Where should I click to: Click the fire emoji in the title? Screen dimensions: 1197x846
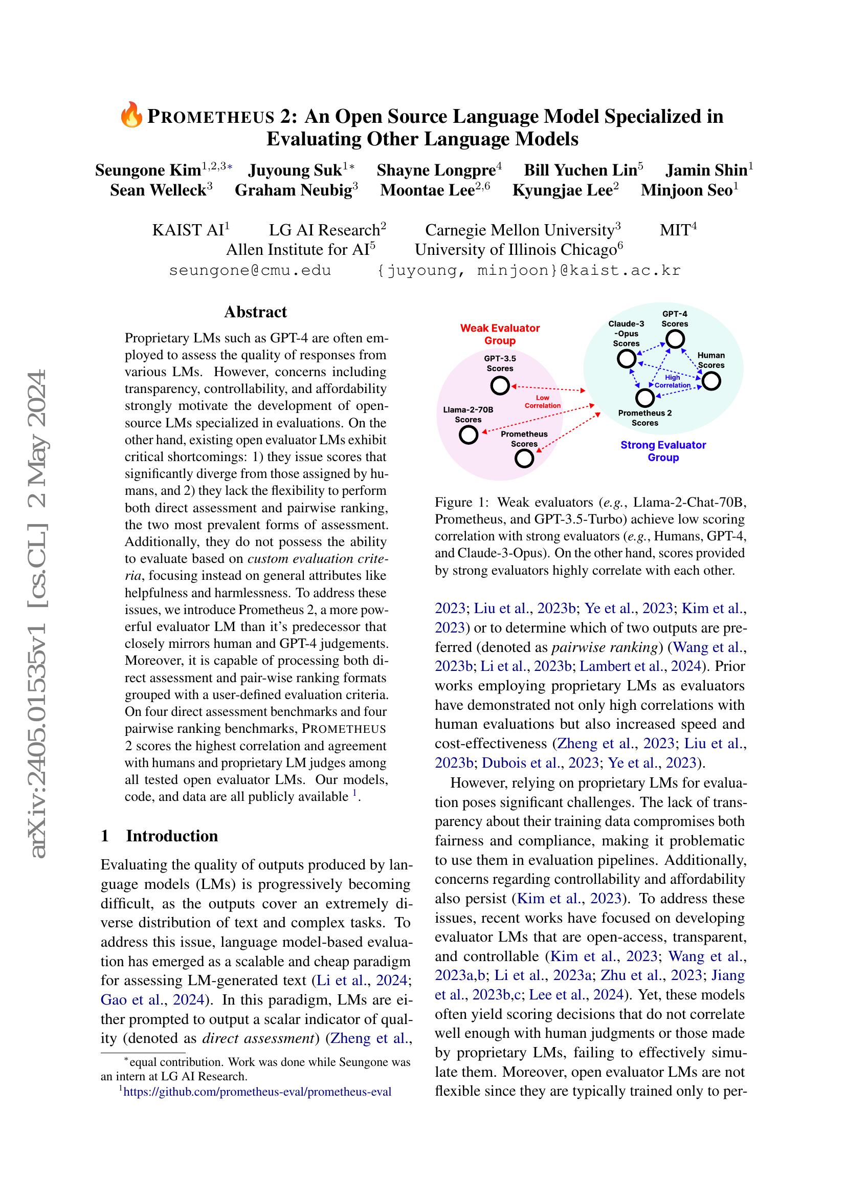click(x=131, y=116)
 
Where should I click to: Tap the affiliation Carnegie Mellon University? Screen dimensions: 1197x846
click(x=519, y=230)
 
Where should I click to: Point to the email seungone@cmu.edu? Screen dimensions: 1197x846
click(x=250, y=271)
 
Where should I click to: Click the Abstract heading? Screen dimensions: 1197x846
click(x=255, y=312)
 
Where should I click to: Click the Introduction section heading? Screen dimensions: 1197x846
click(x=171, y=836)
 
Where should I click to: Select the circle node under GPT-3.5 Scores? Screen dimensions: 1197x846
click(x=500, y=386)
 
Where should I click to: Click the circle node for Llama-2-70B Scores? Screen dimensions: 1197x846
click(x=469, y=435)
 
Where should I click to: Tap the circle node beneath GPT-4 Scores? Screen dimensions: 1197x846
click(x=675, y=340)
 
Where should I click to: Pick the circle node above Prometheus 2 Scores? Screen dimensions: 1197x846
click(x=645, y=398)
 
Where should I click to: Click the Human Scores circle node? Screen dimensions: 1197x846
click(x=711, y=382)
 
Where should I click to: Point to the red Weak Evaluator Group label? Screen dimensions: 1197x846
click(x=500, y=334)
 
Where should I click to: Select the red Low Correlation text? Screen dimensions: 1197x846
click(x=542, y=401)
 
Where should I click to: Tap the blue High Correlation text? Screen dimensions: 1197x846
click(x=672, y=381)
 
